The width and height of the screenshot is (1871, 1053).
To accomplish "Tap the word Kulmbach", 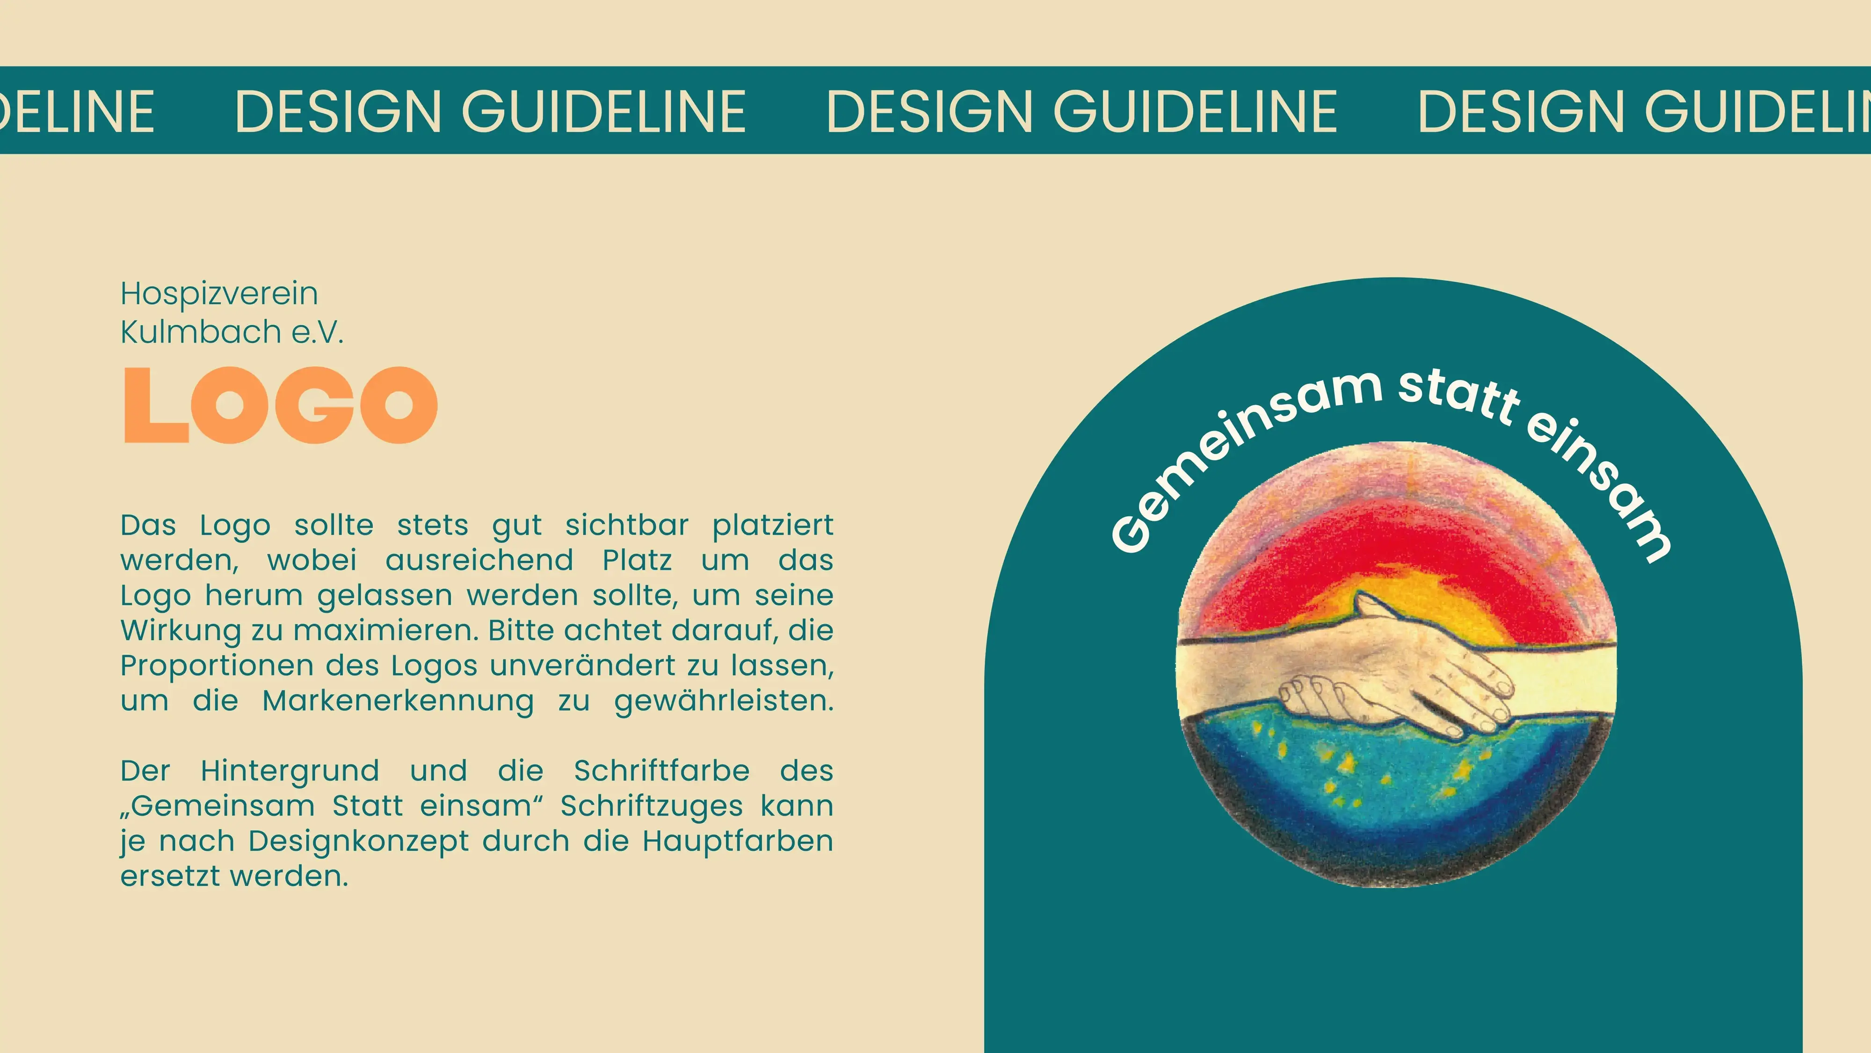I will tap(201, 332).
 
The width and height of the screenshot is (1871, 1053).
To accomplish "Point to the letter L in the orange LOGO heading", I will tap(154, 405).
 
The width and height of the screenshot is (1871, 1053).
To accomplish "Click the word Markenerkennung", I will tap(398, 701).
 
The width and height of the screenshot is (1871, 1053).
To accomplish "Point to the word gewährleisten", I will tap(724, 701).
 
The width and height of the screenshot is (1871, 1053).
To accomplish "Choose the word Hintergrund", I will tap(290, 771).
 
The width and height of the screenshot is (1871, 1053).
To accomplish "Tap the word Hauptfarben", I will tap(737, 841).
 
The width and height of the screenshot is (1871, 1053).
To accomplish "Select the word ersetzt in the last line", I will tap(169, 877).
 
